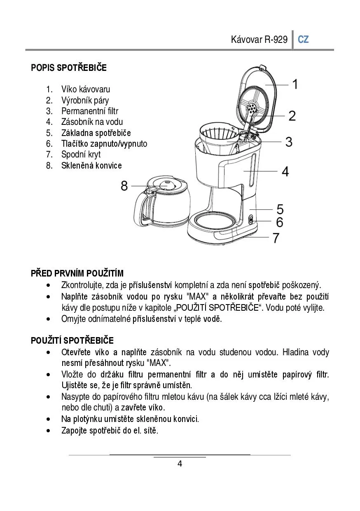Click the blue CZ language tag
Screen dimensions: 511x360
tap(303, 40)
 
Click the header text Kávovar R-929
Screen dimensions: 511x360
tap(259, 40)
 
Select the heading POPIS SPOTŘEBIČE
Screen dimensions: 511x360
tap(69, 68)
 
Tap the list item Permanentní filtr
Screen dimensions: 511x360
tap(90, 111)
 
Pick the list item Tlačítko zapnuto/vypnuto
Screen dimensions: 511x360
tap(104, 143)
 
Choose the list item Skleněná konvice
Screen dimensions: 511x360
tap(91, 165)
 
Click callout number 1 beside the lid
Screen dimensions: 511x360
tap(295, 84)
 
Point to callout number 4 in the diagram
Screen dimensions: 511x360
tap(285, 171)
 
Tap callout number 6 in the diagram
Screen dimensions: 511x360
tap(280, 222)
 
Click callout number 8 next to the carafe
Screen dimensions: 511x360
tap(124, 186)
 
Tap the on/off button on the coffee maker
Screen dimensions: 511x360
tap(251, 220)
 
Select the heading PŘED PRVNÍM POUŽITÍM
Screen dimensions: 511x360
tap(77, 274)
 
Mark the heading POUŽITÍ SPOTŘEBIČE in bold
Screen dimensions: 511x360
tap(72, 341)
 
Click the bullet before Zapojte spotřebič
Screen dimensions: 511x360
tap(49, 431)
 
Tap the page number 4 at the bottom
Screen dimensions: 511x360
tap(180, 464)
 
